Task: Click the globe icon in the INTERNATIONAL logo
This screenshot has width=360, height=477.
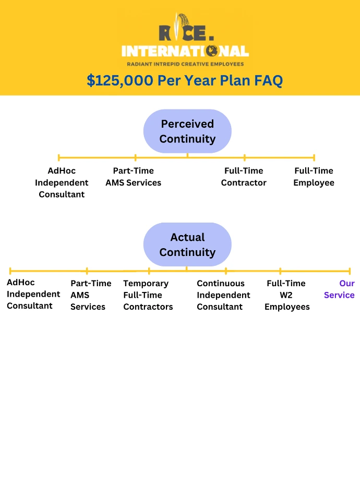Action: point(211,51)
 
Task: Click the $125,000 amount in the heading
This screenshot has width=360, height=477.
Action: point(120,81)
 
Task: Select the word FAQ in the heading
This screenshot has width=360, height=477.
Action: point(268,81)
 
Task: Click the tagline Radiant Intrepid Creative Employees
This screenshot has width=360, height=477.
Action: point(186,64)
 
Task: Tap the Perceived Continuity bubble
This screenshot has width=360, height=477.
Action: point(187,131)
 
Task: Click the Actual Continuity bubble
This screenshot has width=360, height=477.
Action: point(187,244)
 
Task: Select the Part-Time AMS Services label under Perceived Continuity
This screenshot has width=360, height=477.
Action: point(133,176)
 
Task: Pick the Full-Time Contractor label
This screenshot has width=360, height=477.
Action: point(244,176)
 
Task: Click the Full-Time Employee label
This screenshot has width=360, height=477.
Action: point(314,176)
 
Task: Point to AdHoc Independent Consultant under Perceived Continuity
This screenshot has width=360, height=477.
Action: point(62,182)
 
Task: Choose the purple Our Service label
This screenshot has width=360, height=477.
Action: point(339,289)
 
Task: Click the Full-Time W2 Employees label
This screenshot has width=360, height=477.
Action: point(287,295)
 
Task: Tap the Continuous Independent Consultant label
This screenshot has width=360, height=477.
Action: point(223,295)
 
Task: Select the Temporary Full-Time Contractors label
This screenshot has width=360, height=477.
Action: point(148,295)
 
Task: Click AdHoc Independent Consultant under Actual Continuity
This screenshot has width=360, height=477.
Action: point(33,294)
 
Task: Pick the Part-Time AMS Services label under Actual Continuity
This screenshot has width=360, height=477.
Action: point(91,295)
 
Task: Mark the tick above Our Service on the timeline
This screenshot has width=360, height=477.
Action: point(350,271)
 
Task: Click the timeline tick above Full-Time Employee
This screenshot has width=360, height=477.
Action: point(314,157)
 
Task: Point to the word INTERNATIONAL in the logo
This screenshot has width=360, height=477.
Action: point(185,51)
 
